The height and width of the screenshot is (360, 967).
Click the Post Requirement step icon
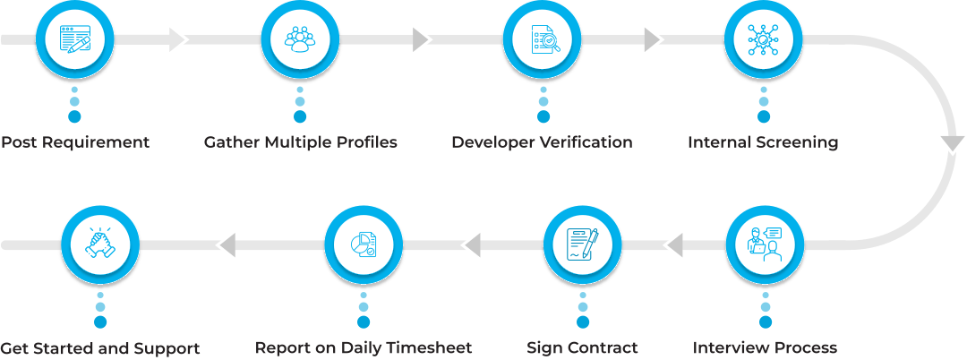click(75, 39)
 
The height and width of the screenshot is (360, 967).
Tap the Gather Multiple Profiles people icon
click(300, 39)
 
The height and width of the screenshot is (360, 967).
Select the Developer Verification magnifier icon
click(543, 39)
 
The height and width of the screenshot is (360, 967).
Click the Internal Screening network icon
click(764, 39)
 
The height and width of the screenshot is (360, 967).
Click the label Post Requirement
click(74, 142)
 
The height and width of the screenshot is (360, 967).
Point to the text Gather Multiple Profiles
click(300, 142)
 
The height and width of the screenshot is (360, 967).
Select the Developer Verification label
click(542, 142)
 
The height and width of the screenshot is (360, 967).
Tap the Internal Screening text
click(763, 142)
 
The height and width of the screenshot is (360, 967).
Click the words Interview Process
click(765, 347)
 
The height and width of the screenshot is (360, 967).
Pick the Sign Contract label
click(582, 347)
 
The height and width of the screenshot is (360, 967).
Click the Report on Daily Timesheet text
click(364, 347)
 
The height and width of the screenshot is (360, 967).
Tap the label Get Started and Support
click(99, 347)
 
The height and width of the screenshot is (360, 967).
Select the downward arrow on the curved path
click(952, 143)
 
